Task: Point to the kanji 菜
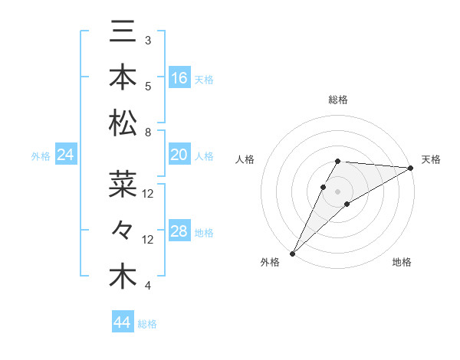point(123,184)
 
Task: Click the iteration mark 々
point(123,231)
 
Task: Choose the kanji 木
point(123,277)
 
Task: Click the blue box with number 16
point(179,78)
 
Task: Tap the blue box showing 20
point(179,155)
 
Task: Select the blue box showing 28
point(179,231)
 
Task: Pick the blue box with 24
point(66,155)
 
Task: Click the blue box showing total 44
point(123,322)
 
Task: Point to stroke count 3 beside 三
point(147,40)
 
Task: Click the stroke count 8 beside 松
point(147,133)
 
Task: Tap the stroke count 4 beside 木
point(147,286)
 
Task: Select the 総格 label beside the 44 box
point(147,324)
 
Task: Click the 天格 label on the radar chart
point(431,159)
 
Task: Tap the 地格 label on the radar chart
point(402,262)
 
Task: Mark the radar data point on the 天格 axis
point(410,168)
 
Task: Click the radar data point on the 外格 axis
point(292,253)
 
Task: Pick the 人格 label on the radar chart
point(245,159)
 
